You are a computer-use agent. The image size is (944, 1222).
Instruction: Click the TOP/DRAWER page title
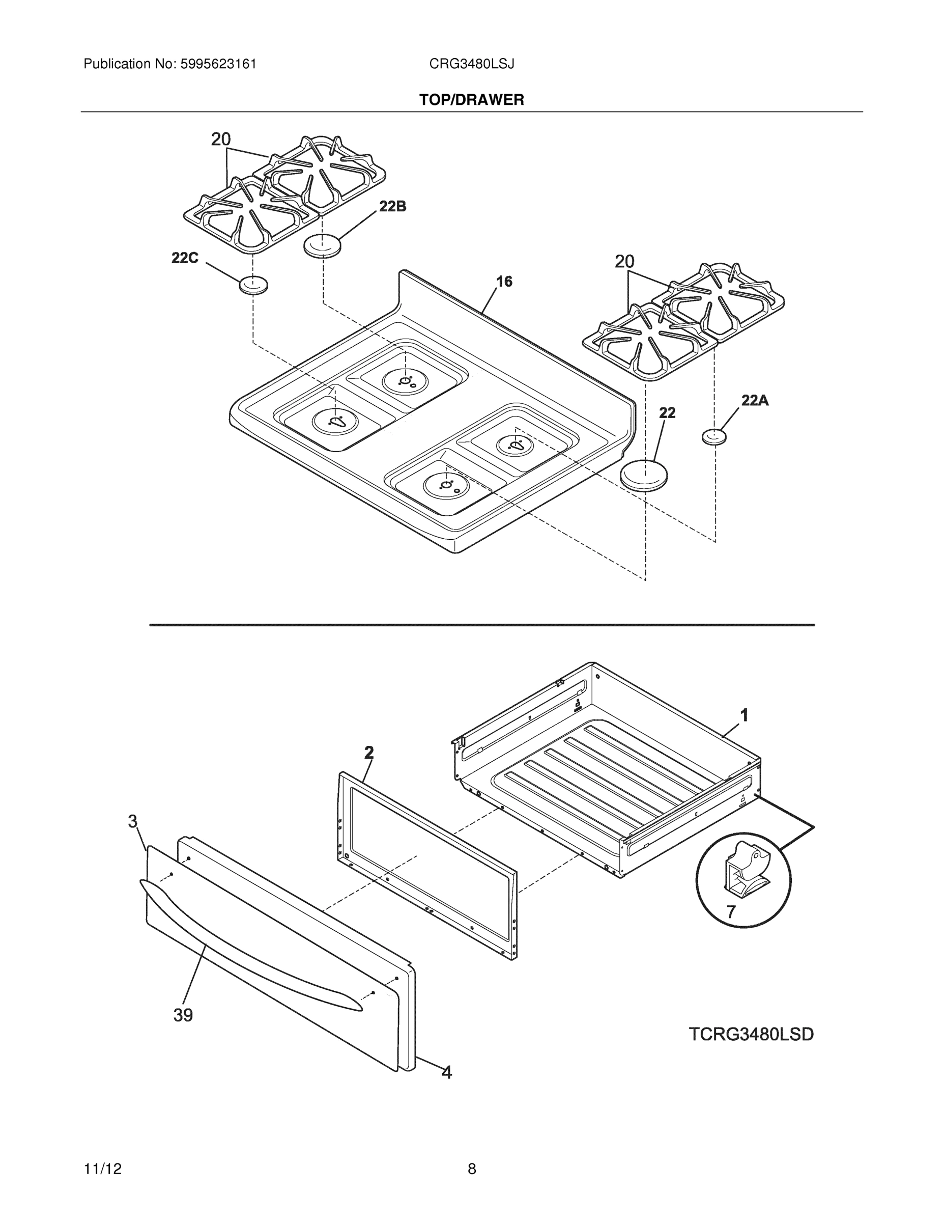471,100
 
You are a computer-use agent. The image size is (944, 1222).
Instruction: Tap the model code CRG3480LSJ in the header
471,64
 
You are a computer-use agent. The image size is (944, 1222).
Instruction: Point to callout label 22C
185,258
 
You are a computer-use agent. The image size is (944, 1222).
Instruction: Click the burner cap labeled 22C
253,285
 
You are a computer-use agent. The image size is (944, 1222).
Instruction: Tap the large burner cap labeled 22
645,475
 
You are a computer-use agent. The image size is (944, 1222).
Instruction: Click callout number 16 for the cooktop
504,282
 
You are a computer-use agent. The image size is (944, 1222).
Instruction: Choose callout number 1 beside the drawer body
745,714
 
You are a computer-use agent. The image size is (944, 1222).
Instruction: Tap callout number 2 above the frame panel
368,753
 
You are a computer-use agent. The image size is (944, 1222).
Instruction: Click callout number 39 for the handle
183,1015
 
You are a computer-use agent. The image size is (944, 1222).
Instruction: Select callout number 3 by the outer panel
132,821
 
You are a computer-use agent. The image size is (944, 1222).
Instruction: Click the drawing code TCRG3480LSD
751,1035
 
